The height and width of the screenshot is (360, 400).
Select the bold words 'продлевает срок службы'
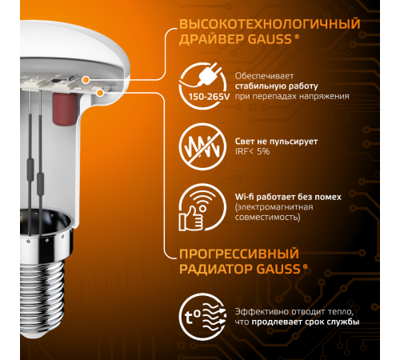pos(313,322)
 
